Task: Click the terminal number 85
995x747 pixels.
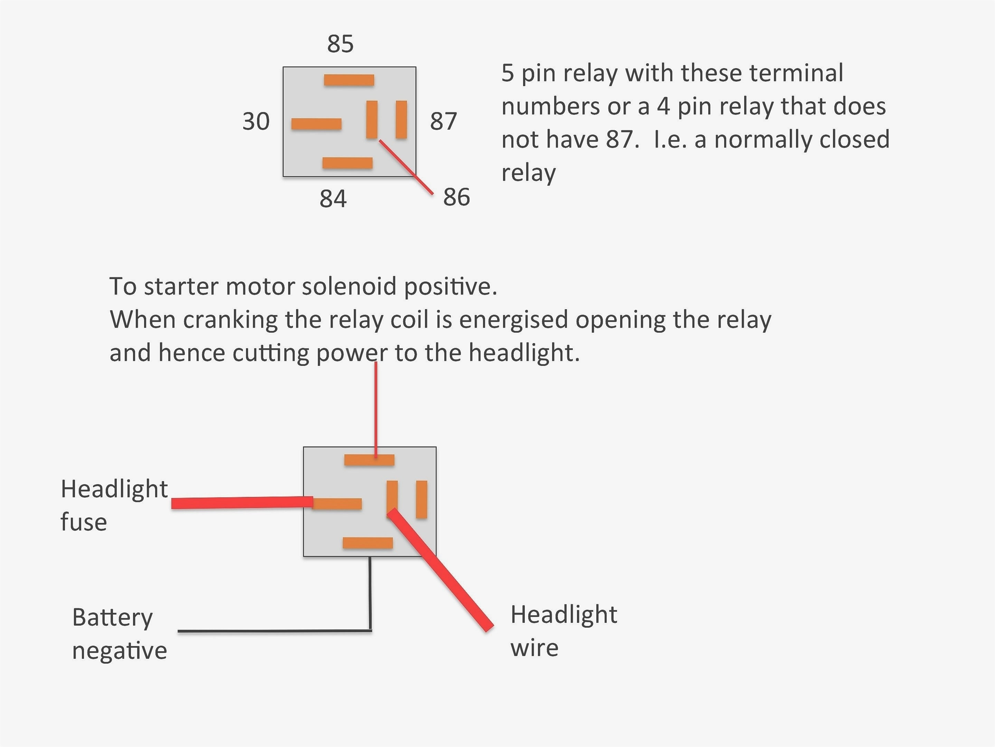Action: [340, 44]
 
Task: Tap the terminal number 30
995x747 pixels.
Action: [256, 122]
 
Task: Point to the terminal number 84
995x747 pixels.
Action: [333, 199]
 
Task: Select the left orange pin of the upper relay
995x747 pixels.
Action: [316, 124]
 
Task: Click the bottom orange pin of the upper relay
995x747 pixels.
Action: [347, 163]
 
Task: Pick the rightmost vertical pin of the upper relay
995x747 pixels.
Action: [401, 119]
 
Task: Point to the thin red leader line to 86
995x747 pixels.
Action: [407, 167]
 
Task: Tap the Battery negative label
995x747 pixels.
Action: [119, 634]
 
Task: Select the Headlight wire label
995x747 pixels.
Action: [563, 631]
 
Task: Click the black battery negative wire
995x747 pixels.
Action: [274, 631]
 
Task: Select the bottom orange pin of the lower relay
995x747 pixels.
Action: [368, 543]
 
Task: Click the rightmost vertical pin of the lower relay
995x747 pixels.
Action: [421, 499]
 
